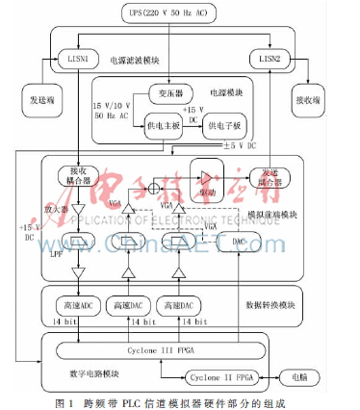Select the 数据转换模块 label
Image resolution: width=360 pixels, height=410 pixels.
[x=271, y=304]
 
